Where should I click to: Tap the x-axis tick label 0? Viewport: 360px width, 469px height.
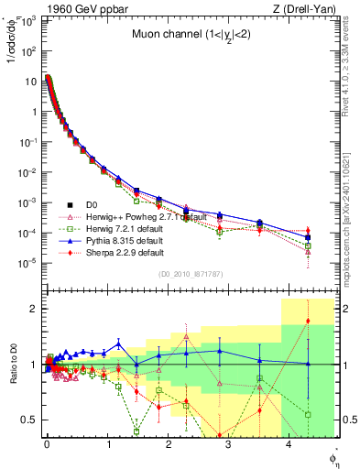coord(47,444)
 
